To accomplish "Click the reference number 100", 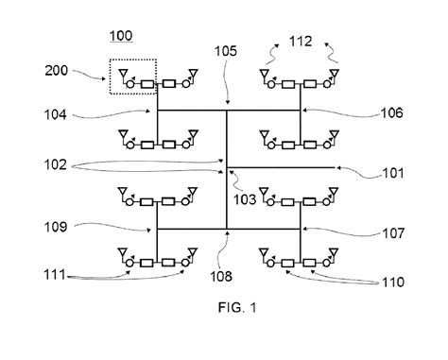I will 122,37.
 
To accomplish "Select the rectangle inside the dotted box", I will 146,84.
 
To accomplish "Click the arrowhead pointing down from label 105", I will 227,106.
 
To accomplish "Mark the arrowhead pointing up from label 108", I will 227,231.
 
